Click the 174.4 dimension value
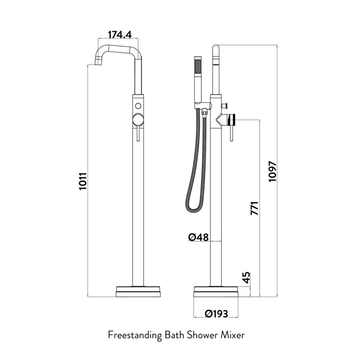[x=120, y=35]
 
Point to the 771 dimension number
[x=255, y=208]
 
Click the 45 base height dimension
[x=246, y=278]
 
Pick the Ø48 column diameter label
[x=199, y=237]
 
